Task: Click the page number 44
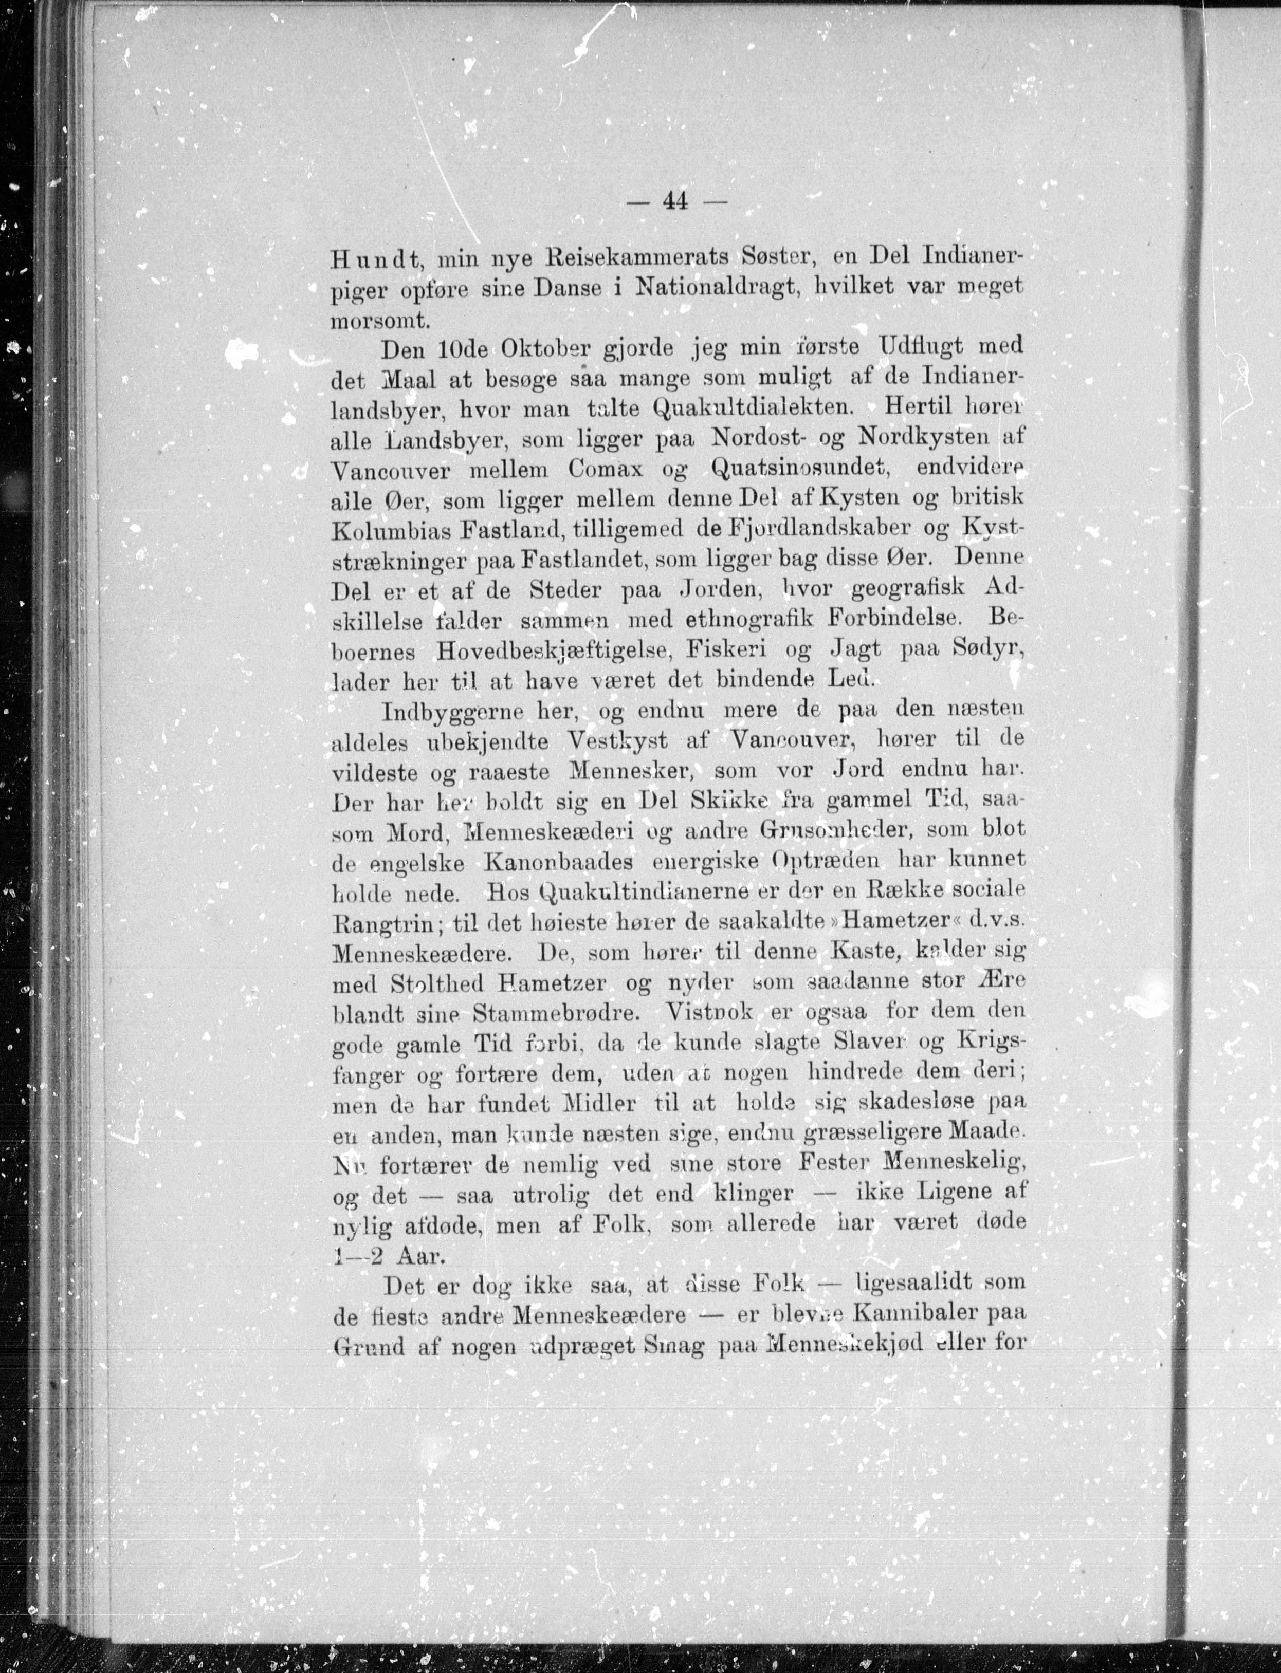(x=675, y=201)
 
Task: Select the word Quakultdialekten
(x=751, y=406)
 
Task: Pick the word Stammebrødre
(x=563, y=1013)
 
